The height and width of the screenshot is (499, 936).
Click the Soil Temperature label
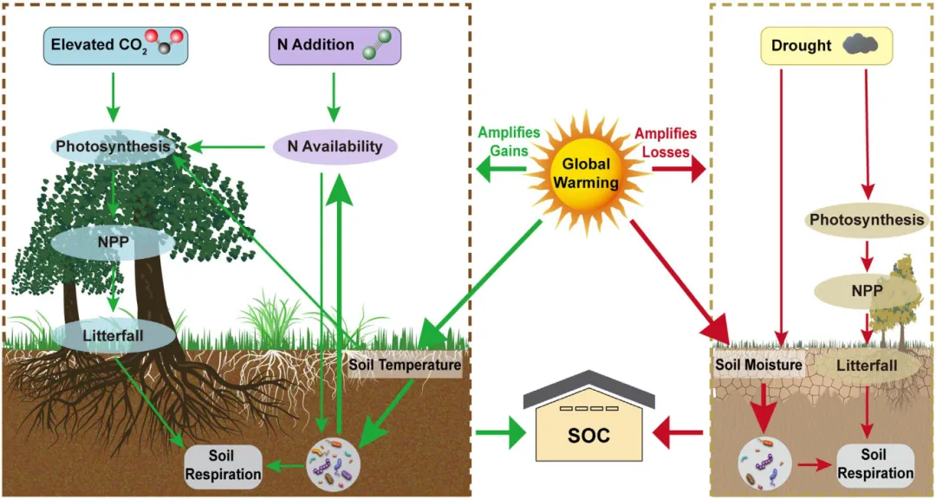(x=405, y=365)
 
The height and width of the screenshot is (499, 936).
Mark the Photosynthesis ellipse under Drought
(x=867, y=220)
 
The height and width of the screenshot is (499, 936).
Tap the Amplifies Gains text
(x=509, y=141)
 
